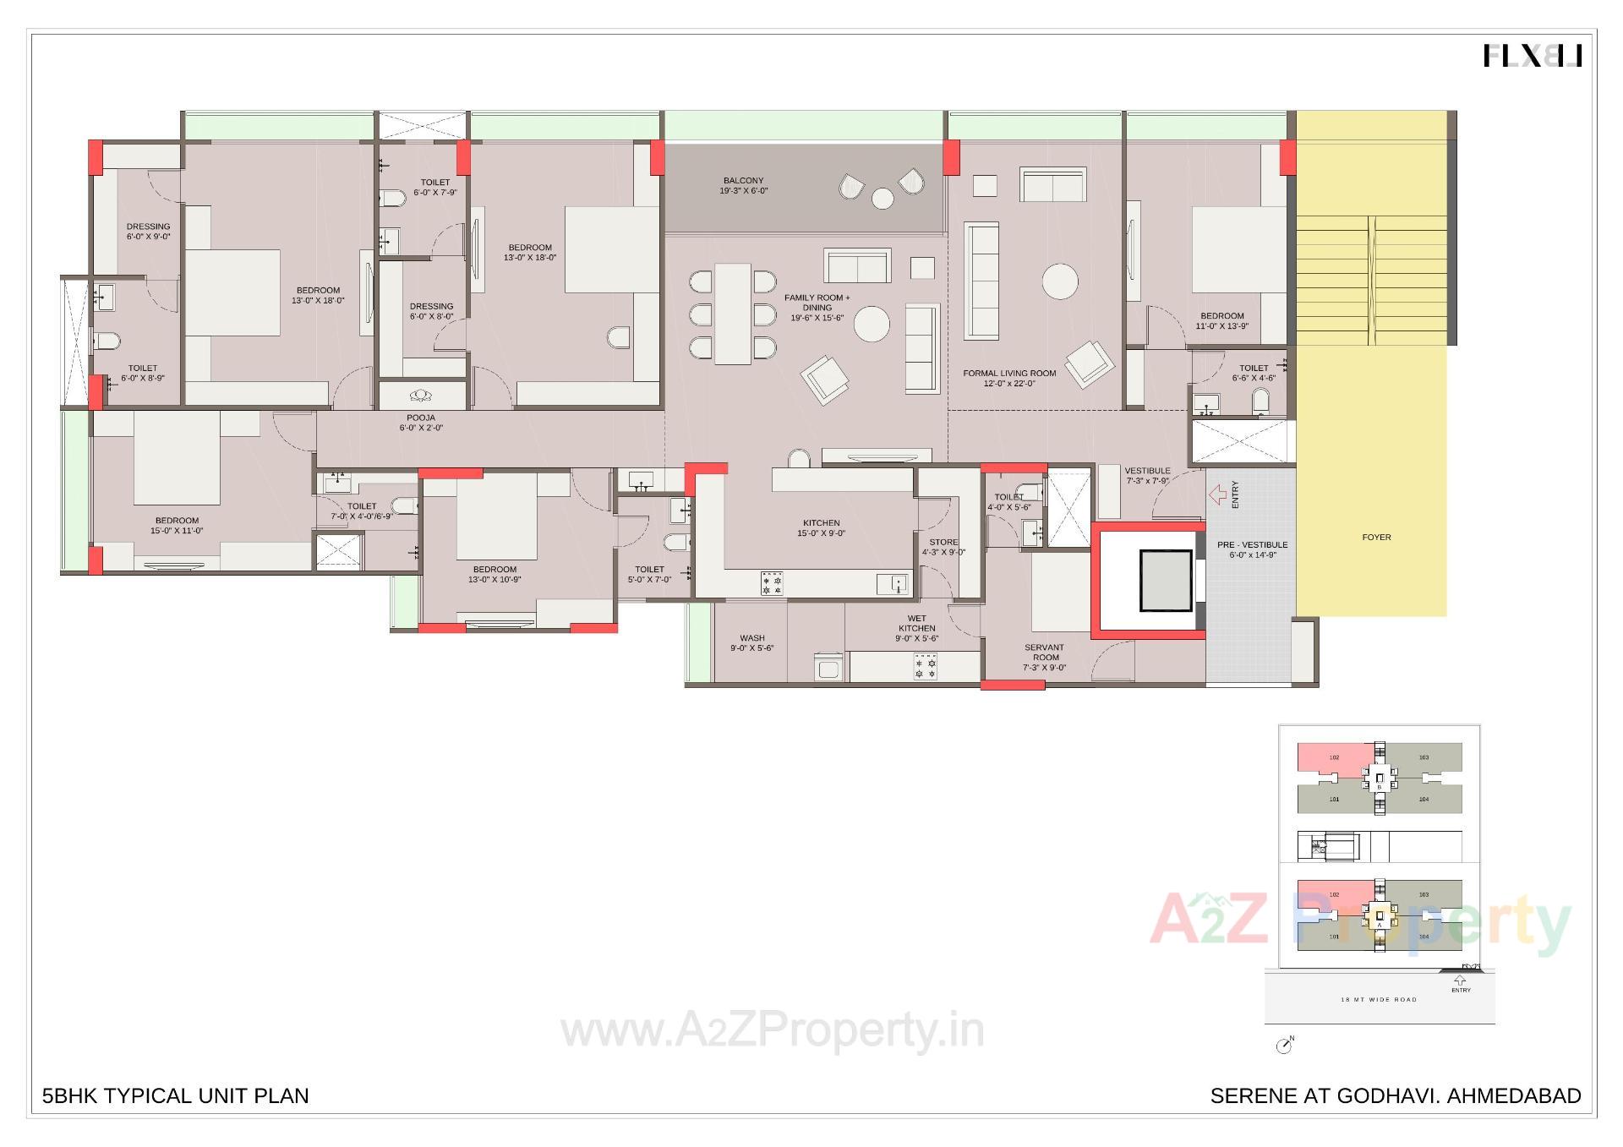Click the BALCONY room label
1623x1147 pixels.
click(743, 181)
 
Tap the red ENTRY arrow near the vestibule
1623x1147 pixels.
click(1217, 494)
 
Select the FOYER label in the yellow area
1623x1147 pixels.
click(1376, 538)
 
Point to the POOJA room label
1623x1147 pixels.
click(421, 418)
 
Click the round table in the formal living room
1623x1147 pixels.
click(1059, 282)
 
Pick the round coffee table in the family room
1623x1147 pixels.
click(872, 324)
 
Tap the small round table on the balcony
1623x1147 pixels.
click(883, 199)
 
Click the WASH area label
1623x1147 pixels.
click(751, 638)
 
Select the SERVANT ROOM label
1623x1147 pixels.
click(1045, 653)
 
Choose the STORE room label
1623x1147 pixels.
click(943, 543)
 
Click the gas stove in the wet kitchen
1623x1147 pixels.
click(926, 668)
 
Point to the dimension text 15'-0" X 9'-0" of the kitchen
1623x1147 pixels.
click(821, 533)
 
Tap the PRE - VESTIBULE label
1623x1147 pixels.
click(1252, 545)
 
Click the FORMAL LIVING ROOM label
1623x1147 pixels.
click(1009, 374)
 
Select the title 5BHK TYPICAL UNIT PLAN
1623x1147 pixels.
click(176, 1096)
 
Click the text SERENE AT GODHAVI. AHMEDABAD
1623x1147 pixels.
click(1395, 1096)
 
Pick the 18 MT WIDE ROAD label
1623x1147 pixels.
click(1378, 1000)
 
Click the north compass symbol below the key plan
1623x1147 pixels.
click(1284, 1046)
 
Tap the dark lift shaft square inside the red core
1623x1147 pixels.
click(1166, 580)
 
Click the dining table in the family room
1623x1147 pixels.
click(732, 314)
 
